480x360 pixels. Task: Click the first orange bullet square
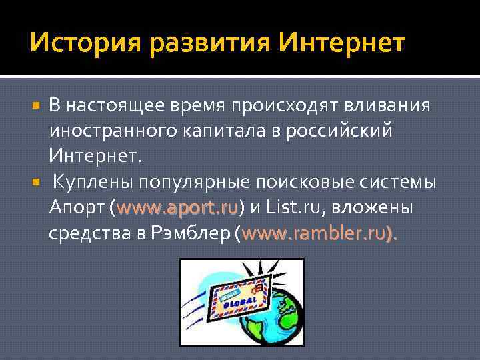tap(37, 105)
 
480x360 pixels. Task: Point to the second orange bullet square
tap(37, 182)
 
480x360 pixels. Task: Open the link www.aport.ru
tap(177, 208)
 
